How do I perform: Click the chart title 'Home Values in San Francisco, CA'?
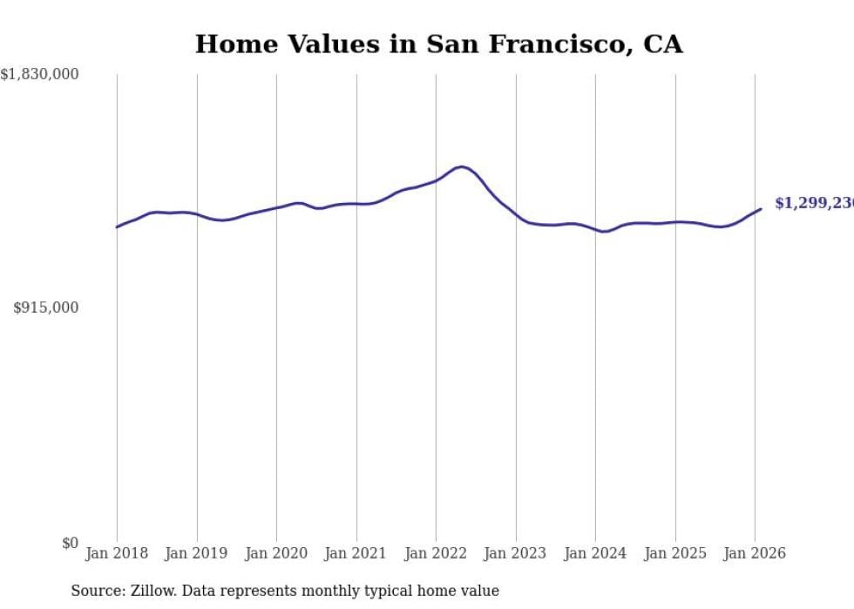(438, 44)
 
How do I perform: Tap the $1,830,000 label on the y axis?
(39, 75)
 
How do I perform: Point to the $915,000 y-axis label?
(46, 308)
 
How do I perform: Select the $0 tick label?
(70, 543)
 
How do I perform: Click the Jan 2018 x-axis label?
(117, 553)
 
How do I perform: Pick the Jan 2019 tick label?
(197, 553)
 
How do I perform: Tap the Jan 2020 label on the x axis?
(276, 553)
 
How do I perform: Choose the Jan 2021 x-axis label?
(356, 553)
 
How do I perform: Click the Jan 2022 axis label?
(436, 553)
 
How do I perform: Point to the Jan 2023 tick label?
(516, 553)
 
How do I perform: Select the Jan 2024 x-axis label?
(595, 553)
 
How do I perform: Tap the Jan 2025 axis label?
(675, 553)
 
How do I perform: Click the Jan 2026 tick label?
(755, 553)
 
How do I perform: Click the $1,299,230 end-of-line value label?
(814, 203)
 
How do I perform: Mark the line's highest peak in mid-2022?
(461, 166)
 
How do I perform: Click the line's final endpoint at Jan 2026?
(761, 208)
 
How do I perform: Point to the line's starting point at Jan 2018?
(117, 227)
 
